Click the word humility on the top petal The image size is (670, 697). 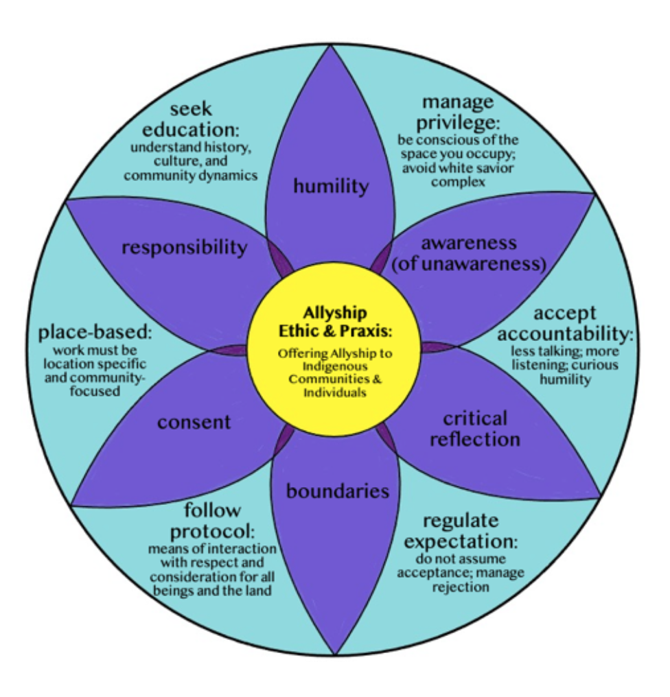pos(331,185)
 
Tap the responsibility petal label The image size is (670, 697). pos(184,247)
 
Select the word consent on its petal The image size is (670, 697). pos(194,421)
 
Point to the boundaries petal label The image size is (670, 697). pos(337,491)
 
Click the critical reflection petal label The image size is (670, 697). pos(475,428)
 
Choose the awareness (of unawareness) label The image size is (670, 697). pos(468,253)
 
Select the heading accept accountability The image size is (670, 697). pos(565,323)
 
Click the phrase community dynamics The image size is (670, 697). pos(190,175)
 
